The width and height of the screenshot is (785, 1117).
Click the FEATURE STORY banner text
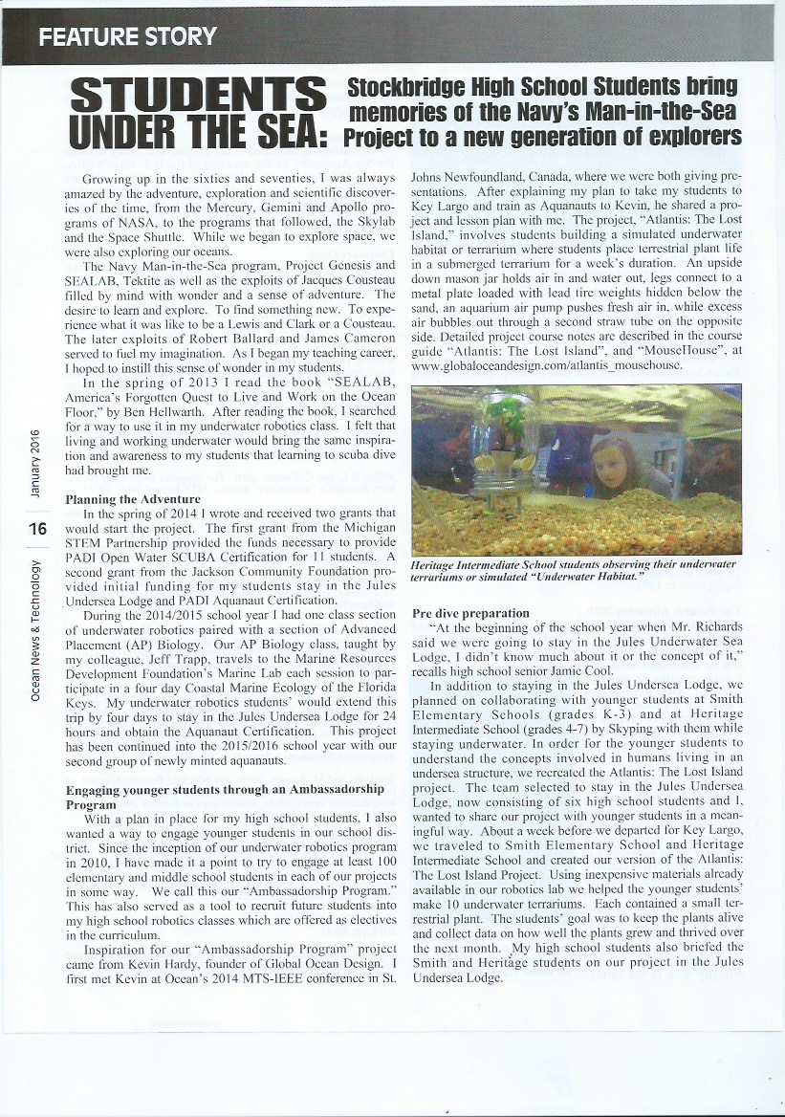127,36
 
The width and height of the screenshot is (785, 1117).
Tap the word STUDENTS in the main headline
199,97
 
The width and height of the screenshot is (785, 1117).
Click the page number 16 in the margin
38,526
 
